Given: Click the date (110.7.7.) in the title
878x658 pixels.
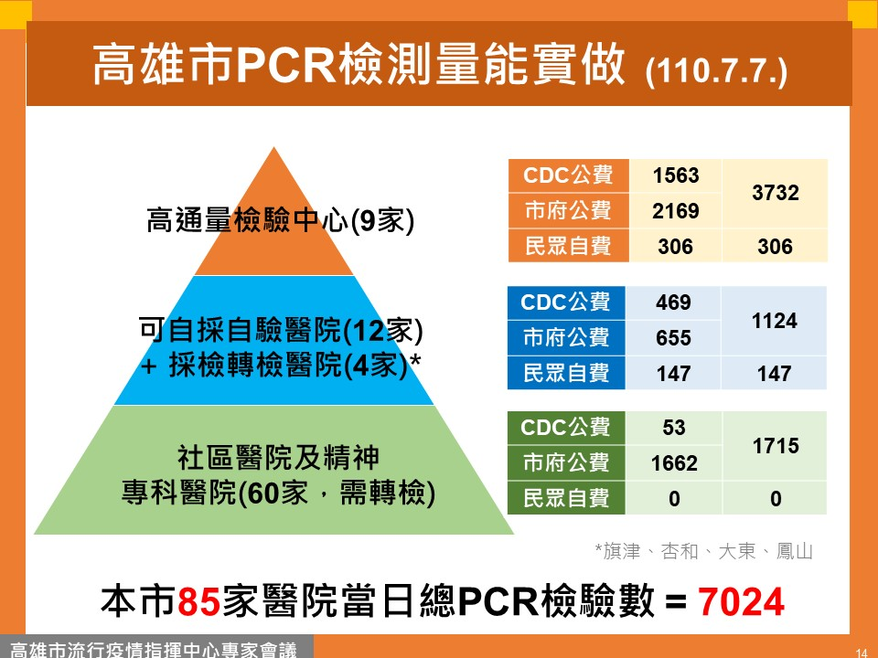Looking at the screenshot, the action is click(716, 71).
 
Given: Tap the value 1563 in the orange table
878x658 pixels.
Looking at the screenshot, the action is click(676, 175).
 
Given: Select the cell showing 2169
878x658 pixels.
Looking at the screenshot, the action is click(676, 211).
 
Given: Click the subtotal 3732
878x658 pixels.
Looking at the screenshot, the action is click(775, 193).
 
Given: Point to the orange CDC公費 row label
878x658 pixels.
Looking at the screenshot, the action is click(568, 175).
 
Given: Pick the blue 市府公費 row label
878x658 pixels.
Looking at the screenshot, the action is click(566, 338).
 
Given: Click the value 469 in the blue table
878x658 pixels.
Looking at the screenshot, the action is click(673, 302).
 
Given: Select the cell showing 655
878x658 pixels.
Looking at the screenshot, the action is click(673, 338).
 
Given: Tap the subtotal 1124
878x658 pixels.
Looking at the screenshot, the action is click(775, 321).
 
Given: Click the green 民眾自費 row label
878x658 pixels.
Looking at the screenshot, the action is click(566, 498).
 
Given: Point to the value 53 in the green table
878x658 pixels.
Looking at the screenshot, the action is click(674, 428).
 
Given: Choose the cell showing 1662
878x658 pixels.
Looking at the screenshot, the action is click(674, 463).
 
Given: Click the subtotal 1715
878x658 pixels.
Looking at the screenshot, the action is click(776, 446).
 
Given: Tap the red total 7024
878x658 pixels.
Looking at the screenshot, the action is click(741, 602).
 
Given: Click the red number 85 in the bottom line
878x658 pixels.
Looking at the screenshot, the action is click(198, 602).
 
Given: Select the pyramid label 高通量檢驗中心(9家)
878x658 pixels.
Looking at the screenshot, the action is click(280, 220).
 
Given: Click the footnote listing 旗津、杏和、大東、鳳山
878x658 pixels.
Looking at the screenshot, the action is click(703, 551).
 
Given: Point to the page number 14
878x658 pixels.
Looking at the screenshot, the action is click(862, 653).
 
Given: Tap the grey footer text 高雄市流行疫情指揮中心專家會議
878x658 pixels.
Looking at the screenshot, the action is click(154, 650).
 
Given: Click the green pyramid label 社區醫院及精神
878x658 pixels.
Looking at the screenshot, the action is click(278, 458).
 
